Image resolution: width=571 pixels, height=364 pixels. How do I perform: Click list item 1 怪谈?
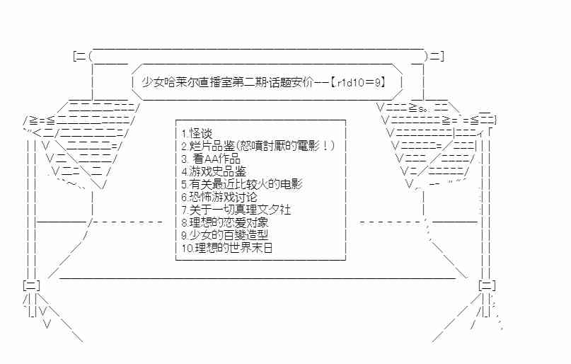point(197,133)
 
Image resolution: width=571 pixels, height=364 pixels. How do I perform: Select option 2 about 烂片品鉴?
point(258,146)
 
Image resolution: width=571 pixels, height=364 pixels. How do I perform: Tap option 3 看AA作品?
point(211,159)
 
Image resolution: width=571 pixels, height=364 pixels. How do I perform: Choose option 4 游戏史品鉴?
point(214,171)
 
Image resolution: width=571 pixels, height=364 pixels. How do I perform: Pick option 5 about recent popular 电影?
point(242,184)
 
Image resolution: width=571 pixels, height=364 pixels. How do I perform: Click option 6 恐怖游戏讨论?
point(219,197)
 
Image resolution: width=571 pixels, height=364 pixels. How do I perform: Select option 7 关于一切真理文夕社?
point(236,210)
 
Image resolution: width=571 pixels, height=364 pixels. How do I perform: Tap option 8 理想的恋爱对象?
point(225,222)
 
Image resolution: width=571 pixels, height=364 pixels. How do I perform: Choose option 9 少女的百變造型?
point(225,235)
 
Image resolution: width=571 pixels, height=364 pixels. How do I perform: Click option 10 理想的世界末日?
point(227,248)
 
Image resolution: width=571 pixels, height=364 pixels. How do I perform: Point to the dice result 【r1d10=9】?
point(358,82)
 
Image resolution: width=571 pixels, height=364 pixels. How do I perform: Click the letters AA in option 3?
point(212,159)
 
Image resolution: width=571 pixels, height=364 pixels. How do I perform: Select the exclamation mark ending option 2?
point(325,146)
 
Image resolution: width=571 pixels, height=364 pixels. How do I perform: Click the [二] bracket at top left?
point(80,57)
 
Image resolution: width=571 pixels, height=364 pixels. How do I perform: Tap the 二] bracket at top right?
point(437,57)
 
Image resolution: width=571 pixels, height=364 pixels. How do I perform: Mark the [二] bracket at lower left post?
point(31,285)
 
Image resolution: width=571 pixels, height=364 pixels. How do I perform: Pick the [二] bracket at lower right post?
point(488,285)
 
